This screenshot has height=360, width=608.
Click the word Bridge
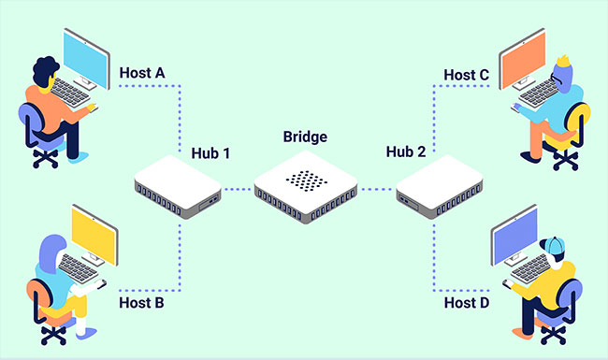(305, 137)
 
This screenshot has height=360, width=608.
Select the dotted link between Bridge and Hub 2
(376, 189)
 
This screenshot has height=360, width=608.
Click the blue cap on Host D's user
(556, 244)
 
